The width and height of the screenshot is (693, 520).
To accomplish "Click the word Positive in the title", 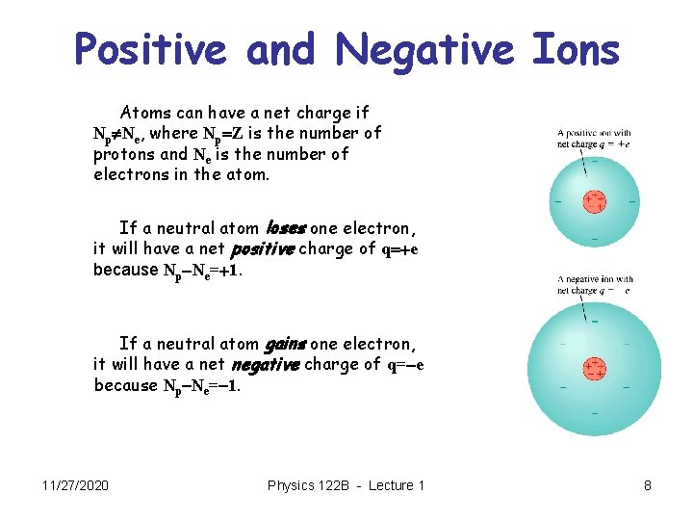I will pos(151,50).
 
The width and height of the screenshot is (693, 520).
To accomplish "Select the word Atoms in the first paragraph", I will pos(144,113).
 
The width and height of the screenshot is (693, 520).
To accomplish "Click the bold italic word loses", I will pos(285,228).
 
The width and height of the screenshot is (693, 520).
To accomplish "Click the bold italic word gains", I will pos(285,344).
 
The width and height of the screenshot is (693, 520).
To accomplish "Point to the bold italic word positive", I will pos(264,249).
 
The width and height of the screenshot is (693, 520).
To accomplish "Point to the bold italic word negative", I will pos(264,365).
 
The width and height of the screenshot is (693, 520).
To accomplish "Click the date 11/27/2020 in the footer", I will pos(75,485).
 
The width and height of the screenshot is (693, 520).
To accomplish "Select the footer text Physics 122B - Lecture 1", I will pos(346,485).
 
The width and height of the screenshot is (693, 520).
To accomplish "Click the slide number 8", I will pos(648,485).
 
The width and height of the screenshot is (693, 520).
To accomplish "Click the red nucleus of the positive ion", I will pos(595,201).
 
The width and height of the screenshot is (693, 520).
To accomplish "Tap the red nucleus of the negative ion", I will pos(595,368).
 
